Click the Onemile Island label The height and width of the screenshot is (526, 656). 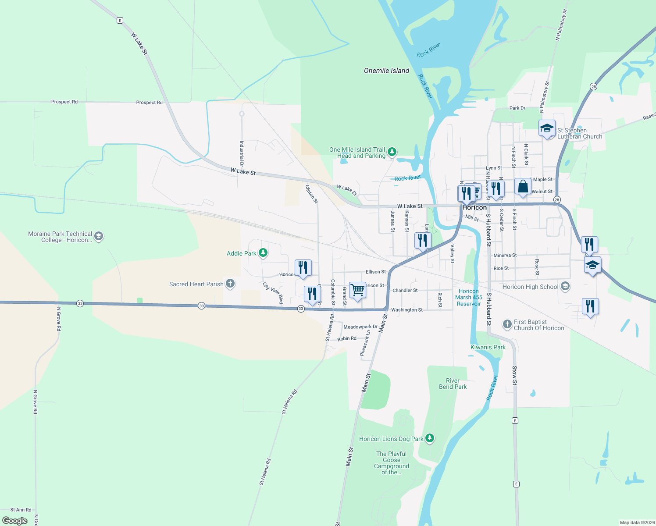(x=386, y=71)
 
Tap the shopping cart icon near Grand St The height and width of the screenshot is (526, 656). (x=357, y=290)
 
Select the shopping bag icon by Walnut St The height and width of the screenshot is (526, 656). (x=523, y=187)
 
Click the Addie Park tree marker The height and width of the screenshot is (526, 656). (x=263, y=252)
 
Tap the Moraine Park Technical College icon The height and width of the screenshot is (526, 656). (x=99, y=237)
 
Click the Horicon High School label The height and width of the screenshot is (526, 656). (x=530, y=287)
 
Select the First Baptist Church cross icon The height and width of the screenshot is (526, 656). (x=507, y=324)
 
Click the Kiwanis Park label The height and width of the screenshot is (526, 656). (x=488, y=347)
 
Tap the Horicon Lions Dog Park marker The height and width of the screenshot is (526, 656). (x=430, y=438)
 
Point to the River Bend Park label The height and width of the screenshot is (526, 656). (x=453, y=384)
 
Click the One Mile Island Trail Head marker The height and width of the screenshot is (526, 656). (x=392, y=152)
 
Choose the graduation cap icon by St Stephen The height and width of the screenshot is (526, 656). (x=547, y=128)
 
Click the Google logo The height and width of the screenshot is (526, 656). (x=15, y=520)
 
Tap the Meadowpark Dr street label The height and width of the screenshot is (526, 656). (x=360, y=327)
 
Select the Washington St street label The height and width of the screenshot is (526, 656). (x=406, y=310)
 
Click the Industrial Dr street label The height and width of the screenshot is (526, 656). (x=242, y=153)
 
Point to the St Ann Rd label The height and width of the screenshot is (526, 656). (x=21, y=510)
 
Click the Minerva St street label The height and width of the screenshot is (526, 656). (x=505, y=255)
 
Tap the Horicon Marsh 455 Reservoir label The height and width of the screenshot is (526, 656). (x=468, y=297)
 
